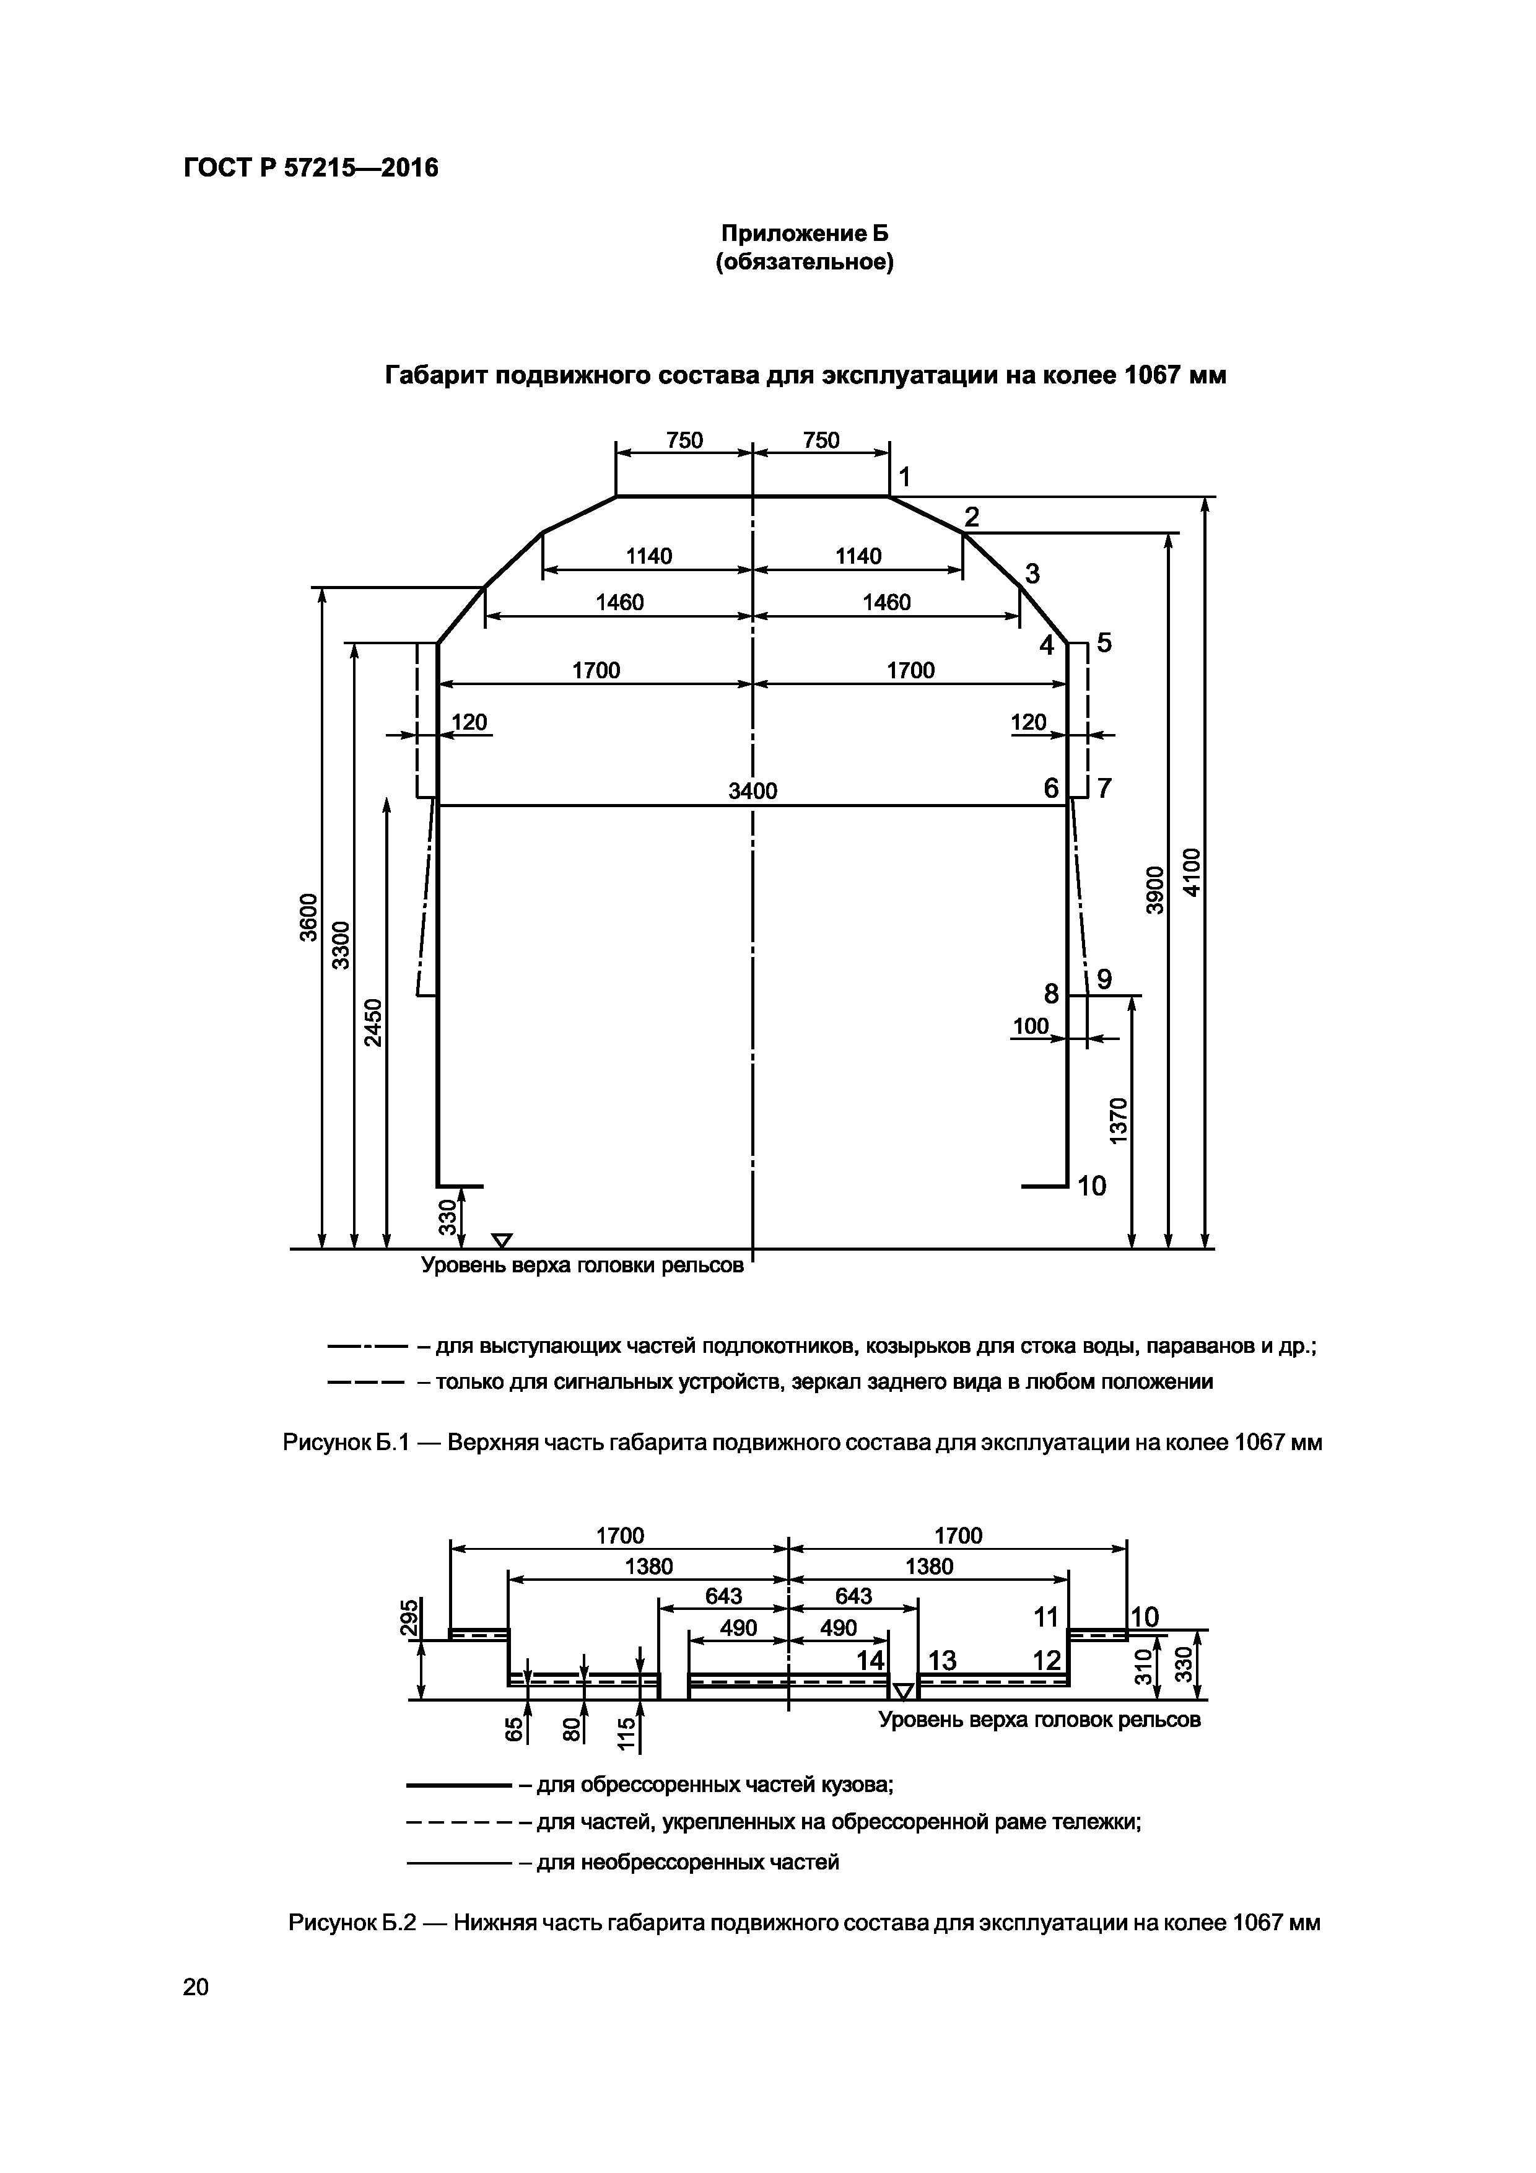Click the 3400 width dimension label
click(753, 790)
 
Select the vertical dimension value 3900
click(1154, 890)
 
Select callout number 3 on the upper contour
click(1032, 574)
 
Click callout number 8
click(1050, 994)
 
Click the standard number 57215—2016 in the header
click(362, 168)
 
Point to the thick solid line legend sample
click(459, 1786)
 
